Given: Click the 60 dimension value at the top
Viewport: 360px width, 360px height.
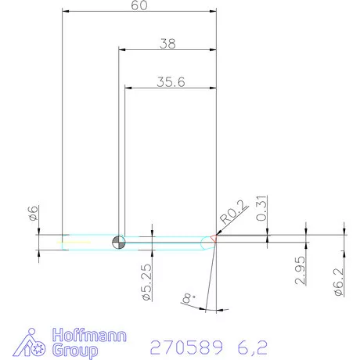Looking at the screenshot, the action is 139,5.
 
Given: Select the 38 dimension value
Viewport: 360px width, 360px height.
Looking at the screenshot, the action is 167,44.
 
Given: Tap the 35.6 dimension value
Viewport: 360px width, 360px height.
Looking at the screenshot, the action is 171,82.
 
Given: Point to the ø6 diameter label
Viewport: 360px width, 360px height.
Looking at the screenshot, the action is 33,213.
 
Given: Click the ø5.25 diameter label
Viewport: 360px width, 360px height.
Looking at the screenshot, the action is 147,283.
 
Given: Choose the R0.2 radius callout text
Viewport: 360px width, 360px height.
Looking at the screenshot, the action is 233,212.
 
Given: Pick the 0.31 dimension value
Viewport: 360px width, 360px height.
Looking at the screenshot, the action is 261,208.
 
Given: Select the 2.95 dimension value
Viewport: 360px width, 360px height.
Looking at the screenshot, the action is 300,270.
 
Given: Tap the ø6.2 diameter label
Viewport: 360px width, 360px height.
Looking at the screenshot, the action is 339,282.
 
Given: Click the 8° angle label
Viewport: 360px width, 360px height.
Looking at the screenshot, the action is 189,298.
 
